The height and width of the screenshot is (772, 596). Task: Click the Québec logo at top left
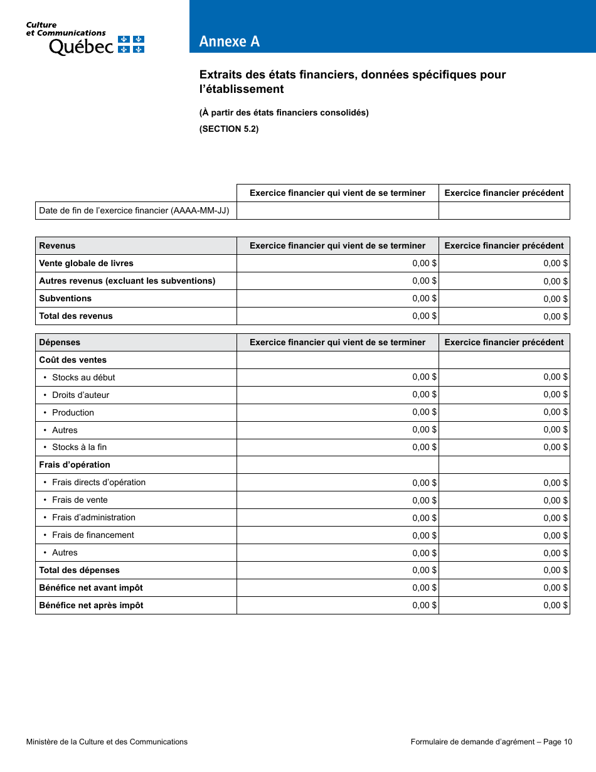(x=85, y=40)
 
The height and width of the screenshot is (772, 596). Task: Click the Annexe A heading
(x=230, y=41)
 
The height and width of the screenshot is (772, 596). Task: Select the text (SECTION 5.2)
(x=229, y=129)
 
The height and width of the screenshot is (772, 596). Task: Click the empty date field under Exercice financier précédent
(x=504, y=211)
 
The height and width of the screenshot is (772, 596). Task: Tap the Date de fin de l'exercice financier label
(x=134, y=211)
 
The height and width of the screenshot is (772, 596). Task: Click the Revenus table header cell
(x=136, y=246)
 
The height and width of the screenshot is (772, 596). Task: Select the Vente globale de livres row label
(x=86, y=264)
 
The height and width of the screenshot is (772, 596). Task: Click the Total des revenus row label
(x=76, y=316)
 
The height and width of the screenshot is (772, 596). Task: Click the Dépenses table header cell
(x=136, y=343)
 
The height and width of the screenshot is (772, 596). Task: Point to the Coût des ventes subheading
(x=73, y=360)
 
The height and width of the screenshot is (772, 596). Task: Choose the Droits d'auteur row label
(x=80, y=395)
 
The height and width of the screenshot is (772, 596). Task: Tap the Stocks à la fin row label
(x=79, y=448)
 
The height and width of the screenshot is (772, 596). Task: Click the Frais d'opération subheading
(x=75, y=465)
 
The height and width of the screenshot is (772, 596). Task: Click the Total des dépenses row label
(x=79, y=571)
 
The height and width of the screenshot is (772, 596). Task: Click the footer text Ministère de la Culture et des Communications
(x=107, y=742)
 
